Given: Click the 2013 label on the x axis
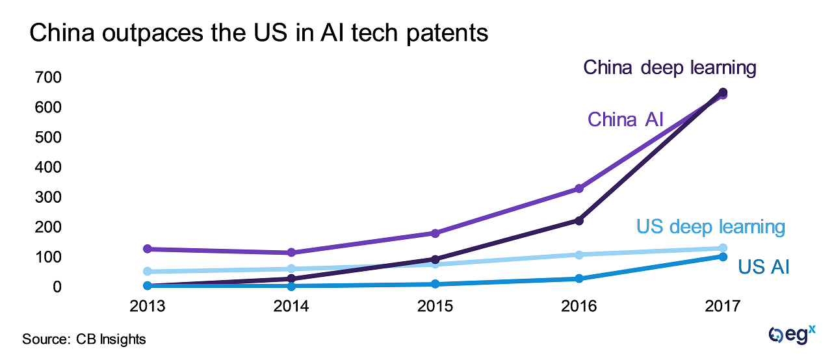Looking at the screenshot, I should pos(147,307).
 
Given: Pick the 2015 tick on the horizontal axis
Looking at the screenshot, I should pos(434,307).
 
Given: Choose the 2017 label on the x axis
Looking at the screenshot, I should pos(722,307).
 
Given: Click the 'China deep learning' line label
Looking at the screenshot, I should pos(669,68).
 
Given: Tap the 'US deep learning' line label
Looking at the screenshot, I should pos(710,227).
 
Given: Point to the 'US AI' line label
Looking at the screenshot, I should pos(763,266).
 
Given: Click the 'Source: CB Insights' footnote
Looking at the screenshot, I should pos(84,339).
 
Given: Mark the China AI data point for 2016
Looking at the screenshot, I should pos(578,188).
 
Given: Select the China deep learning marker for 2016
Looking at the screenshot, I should pos(578,221).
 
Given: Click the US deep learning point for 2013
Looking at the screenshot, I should pos(148,272).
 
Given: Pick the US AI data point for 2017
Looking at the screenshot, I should pos(722,257).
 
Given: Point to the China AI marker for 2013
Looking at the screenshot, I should pos(148,249).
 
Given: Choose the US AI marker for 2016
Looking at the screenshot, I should pos(578,279).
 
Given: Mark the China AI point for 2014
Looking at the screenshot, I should pos(291,253).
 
